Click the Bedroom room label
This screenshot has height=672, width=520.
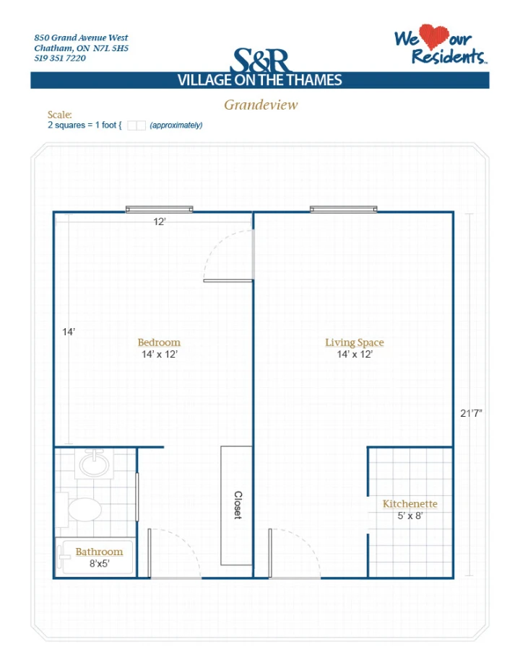[x=159, y=342]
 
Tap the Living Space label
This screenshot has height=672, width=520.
[x=355, y=342]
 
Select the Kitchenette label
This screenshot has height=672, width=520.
[x=410, y=503]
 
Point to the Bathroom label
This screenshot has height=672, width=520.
[x=99, y=552]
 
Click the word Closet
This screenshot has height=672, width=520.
[x=238, y=505]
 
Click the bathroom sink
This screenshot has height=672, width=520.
[x=94, y=464]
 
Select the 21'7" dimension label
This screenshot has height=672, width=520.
[x=471, y=413]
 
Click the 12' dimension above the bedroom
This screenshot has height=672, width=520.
[x=160, y=221]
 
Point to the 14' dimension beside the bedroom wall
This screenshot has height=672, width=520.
[x=69, y=332]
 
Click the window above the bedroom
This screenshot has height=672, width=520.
[x=160, y=209]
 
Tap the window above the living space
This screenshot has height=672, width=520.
[x=344, y=209]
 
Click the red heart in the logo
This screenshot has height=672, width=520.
[x=433, y=36]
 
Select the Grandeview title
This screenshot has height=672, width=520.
[x=261, y=105]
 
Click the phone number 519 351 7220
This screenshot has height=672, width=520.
[x=60, y=58]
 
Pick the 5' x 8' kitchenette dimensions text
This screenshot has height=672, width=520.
[x=410, y=516]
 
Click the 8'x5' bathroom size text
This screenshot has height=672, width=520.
[x=99, y=564]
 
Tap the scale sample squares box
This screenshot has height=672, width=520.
[x=136, y=125]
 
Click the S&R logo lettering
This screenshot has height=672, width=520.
[x=261, y=61]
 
